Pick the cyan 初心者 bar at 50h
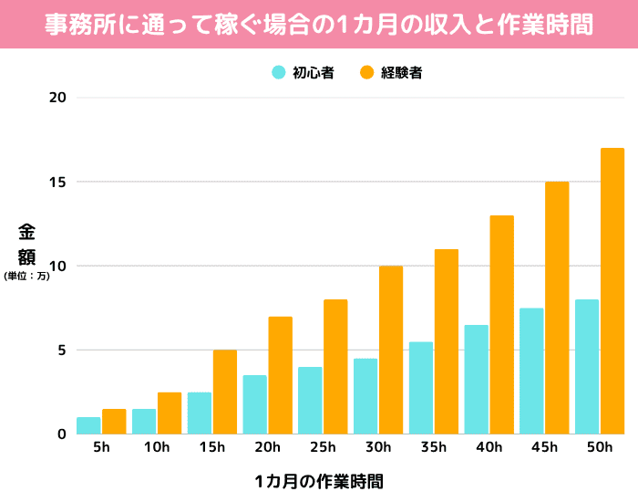pos(587,366)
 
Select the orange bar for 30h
pos(391,350)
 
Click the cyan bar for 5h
pos(88,425)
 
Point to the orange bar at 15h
pos(225,392)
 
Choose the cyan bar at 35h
pos(421,388)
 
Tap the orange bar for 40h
pos(502,324)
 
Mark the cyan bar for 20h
pos(254,404)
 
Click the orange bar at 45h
pos(557,308)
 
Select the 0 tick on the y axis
pos(61,434)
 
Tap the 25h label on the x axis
pos(323,447)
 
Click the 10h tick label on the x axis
pos(157,447)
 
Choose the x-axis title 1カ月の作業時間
pos(319,481)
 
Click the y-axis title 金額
pos(26,244)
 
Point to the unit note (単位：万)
pos(26,276)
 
